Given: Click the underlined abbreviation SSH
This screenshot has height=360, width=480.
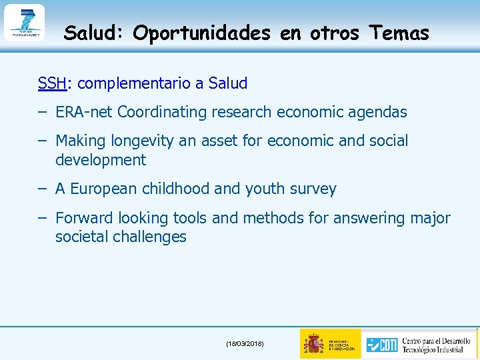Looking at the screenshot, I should point(52,83).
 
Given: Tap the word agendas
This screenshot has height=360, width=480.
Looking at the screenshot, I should point(378,112).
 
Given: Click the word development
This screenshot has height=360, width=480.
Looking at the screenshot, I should point(100,160).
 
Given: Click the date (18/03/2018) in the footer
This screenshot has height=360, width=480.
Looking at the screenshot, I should point(245,343).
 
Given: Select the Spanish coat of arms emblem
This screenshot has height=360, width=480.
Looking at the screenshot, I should point(313,343).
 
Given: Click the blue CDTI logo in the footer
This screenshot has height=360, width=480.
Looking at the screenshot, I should point(381,344).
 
